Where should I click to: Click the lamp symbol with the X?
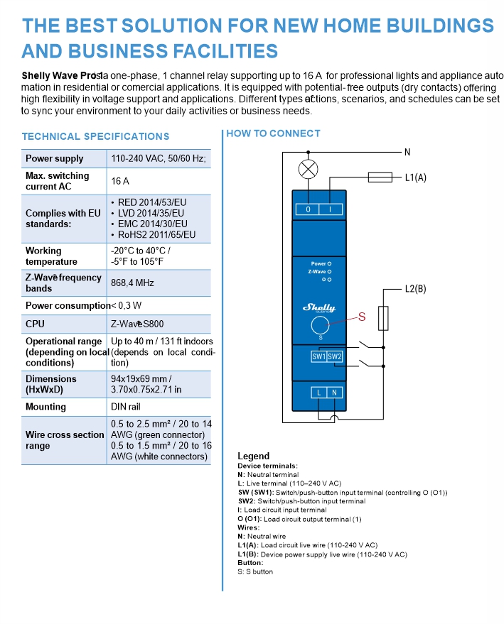308,169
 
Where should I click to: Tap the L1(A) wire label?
415,177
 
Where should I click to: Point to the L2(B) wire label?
415,289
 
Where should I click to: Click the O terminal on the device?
308,209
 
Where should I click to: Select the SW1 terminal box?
318,356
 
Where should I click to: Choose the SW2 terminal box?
335,356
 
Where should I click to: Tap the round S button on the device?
320,326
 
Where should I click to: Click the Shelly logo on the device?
319,307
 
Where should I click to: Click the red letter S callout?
361,317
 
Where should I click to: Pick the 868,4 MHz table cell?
132,283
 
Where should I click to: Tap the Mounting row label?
45,407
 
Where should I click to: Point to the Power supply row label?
54,158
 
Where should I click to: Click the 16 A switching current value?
120,181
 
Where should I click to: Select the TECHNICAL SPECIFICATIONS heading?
95,136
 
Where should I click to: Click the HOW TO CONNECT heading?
273,133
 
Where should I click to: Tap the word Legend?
253,456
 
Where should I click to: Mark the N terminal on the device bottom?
335,392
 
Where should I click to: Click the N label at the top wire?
407,152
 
